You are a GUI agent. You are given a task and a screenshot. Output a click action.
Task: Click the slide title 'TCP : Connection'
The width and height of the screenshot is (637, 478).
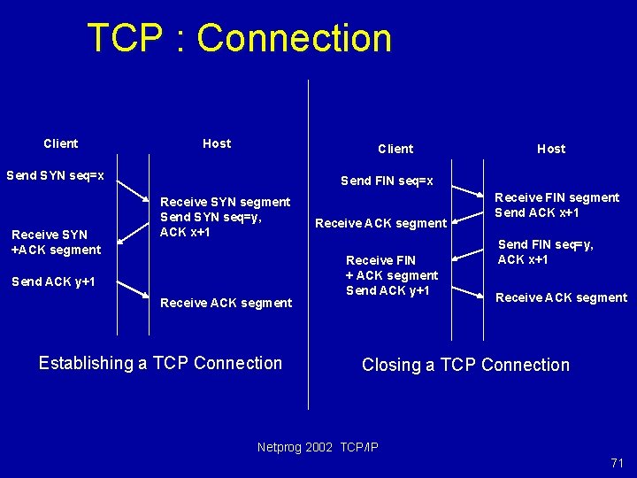[239, 39]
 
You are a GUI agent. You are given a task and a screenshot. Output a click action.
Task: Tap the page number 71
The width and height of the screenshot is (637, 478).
[617, 463]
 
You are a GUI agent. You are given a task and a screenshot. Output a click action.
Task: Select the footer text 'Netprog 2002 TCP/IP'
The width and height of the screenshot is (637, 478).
[318, 447]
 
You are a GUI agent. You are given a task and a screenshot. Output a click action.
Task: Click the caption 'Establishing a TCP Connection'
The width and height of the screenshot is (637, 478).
[160, 363]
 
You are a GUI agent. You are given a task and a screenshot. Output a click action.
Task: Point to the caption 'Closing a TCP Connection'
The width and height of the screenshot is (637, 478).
[465, 365]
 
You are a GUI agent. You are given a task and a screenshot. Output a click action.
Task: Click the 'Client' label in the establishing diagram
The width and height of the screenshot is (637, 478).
[61, 143]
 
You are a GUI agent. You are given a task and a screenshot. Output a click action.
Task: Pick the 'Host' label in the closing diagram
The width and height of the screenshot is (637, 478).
[550, 149]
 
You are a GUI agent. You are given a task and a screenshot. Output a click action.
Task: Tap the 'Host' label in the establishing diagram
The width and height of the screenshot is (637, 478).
[217, 143]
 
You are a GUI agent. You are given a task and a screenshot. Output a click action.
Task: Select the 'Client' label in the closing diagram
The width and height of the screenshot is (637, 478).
[395, 149]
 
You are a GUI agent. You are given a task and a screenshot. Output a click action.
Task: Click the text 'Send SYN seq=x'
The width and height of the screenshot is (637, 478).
[55, 175]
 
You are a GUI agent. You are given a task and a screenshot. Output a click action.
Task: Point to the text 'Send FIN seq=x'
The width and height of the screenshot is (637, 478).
[387, 181]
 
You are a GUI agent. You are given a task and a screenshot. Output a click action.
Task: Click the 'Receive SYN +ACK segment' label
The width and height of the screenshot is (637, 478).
[56, 242]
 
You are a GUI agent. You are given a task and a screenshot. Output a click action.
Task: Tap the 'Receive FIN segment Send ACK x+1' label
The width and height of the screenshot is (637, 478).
[556, 205]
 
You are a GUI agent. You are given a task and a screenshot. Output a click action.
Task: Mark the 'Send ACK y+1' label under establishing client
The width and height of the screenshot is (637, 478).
[52, 282]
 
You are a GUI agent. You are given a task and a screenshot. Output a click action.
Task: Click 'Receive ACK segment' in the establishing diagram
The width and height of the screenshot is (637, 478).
[226, 303]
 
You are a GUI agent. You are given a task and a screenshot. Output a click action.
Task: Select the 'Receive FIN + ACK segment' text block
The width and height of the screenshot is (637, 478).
[391, 275]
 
